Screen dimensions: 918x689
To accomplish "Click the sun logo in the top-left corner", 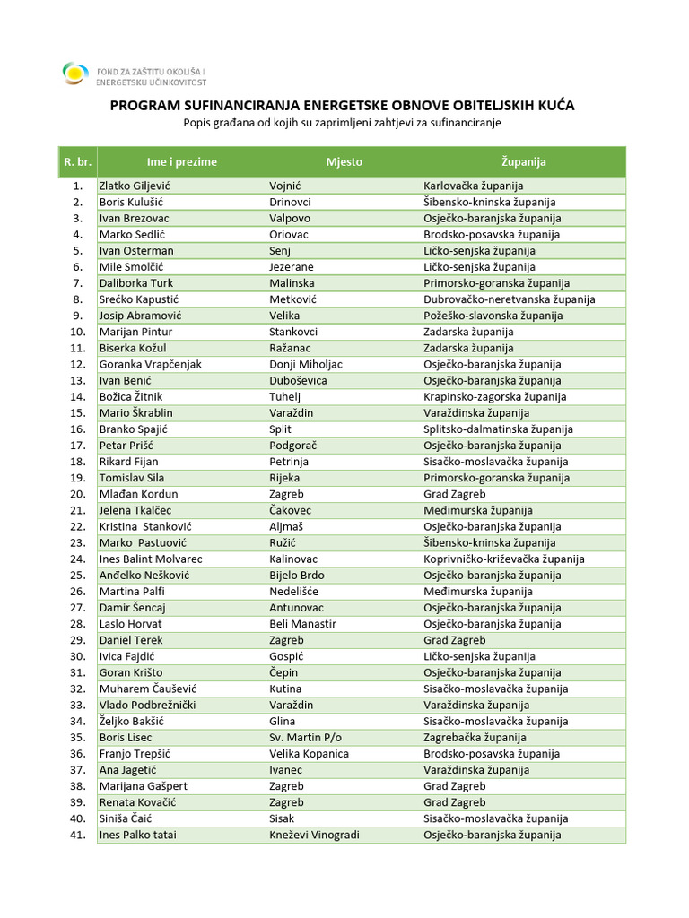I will (75, 73).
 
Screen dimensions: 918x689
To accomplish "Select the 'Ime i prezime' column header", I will (182, 162).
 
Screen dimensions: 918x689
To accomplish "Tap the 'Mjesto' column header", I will (344, 162).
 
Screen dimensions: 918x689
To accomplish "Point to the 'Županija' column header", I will (524, 162).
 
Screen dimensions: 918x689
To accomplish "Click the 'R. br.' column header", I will (77, 162).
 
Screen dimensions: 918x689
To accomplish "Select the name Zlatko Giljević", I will (135, 186).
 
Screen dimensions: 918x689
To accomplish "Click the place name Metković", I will (292, 299).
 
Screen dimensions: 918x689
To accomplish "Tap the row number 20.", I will (77, 494).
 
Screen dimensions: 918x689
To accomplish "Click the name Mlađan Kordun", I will (138, 494).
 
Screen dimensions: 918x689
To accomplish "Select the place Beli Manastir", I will (302, 624).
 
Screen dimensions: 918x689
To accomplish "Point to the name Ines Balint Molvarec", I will (151, 559).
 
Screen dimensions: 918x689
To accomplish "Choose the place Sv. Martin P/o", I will (305, 738).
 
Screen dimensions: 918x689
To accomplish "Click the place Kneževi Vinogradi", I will (314, 836).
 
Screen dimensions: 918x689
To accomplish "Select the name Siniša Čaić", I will (127, 818).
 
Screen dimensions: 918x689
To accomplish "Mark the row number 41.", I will (77, 836).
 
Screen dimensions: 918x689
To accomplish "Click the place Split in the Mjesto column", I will (281, 429).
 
